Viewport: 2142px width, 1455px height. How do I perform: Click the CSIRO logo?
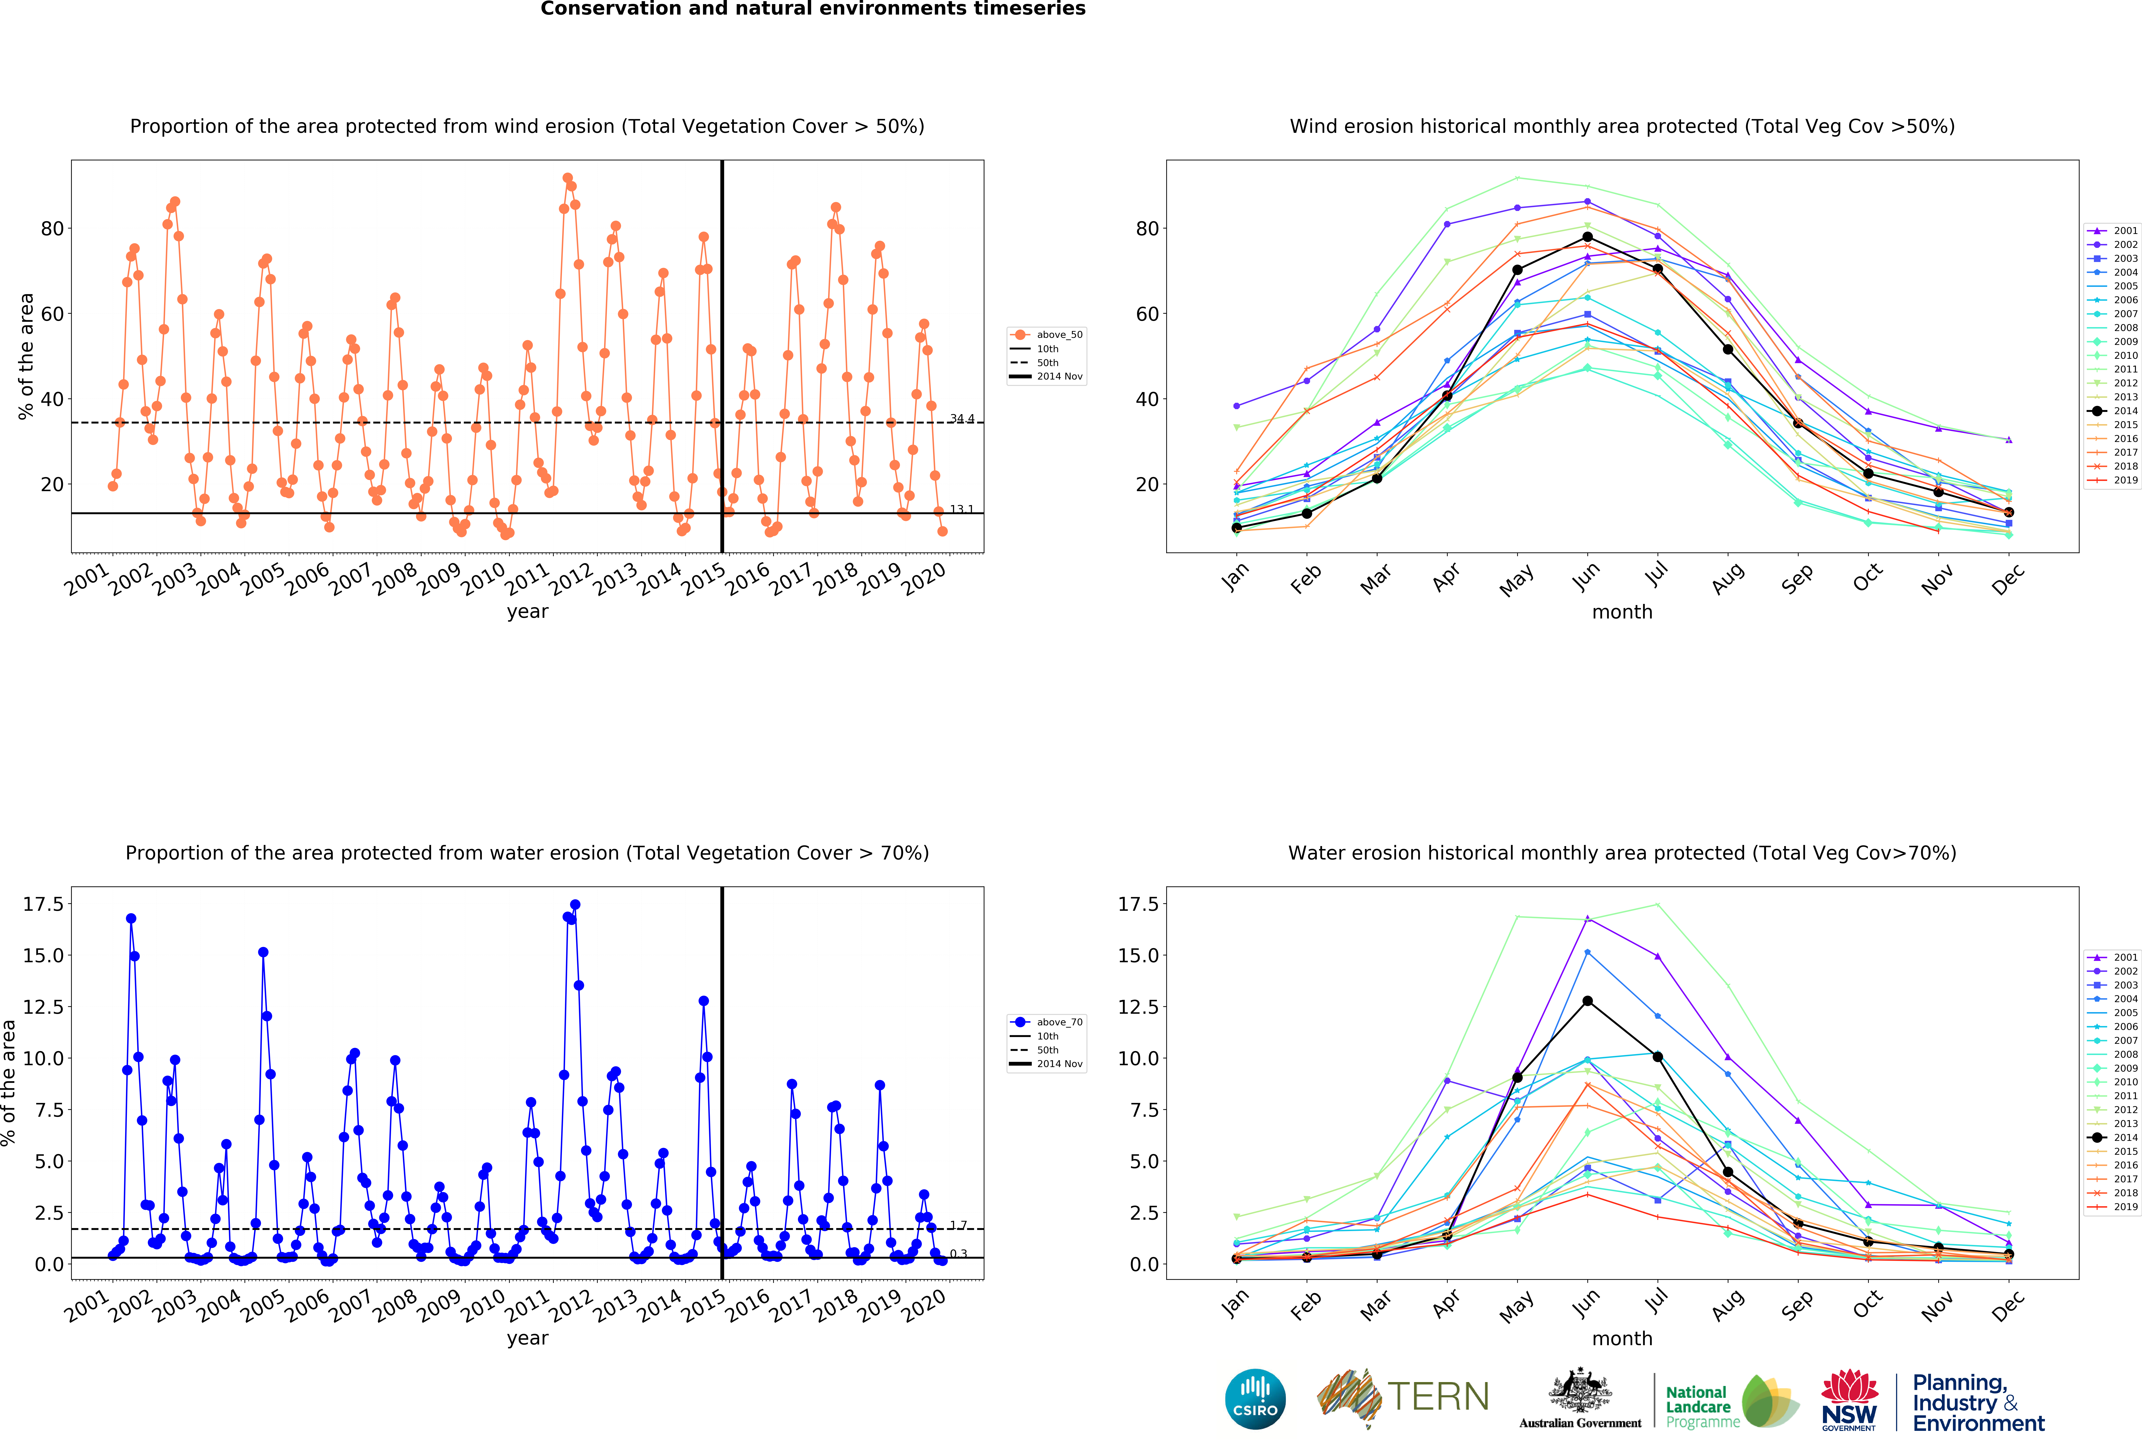coord(1255,1399)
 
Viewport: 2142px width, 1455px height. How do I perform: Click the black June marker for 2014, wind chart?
coord(1587,237)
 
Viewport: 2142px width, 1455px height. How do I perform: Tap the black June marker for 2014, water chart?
coord(1587,1001)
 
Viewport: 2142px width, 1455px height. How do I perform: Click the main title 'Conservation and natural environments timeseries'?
coord(813,9)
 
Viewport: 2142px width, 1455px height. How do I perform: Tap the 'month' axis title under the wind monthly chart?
coord(1622,612)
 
